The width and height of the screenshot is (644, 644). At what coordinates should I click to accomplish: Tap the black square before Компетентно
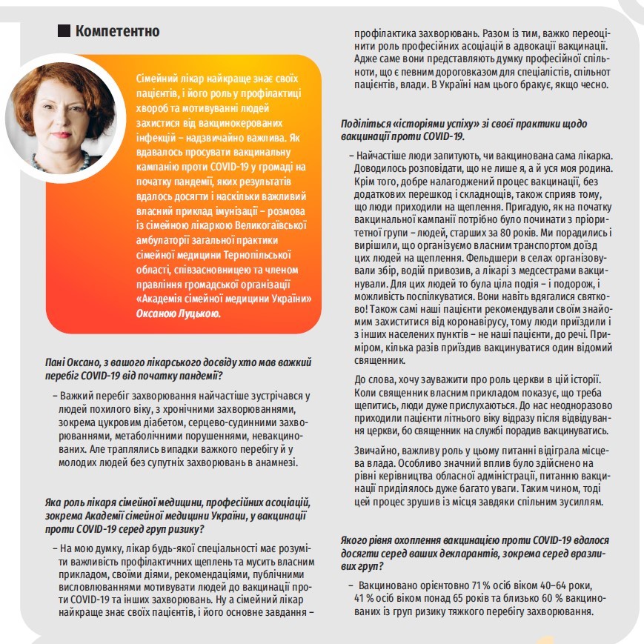pos(64,31)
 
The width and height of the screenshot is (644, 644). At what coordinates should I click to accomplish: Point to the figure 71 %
pos(445,585)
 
